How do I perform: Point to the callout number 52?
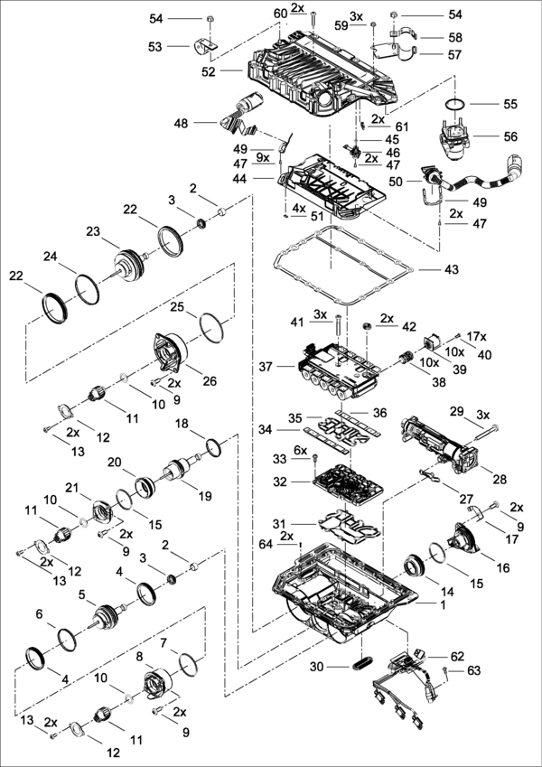[233, 70]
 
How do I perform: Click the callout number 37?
[266, 367]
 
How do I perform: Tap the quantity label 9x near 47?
[262, 157]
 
